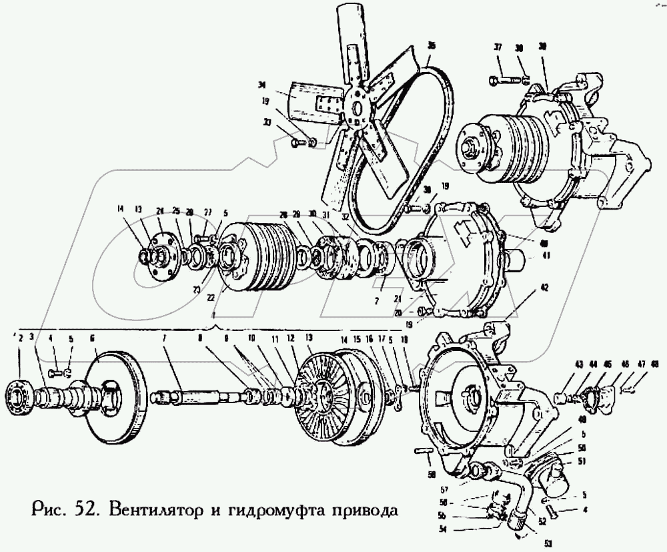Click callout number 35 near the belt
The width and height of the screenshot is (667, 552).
(432, 46)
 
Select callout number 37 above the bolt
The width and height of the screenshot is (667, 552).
(498, 47)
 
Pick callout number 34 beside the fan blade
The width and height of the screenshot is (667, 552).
(262, 85)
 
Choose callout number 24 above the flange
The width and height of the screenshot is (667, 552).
(159, 212)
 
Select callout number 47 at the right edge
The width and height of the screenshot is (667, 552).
(641, 364)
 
